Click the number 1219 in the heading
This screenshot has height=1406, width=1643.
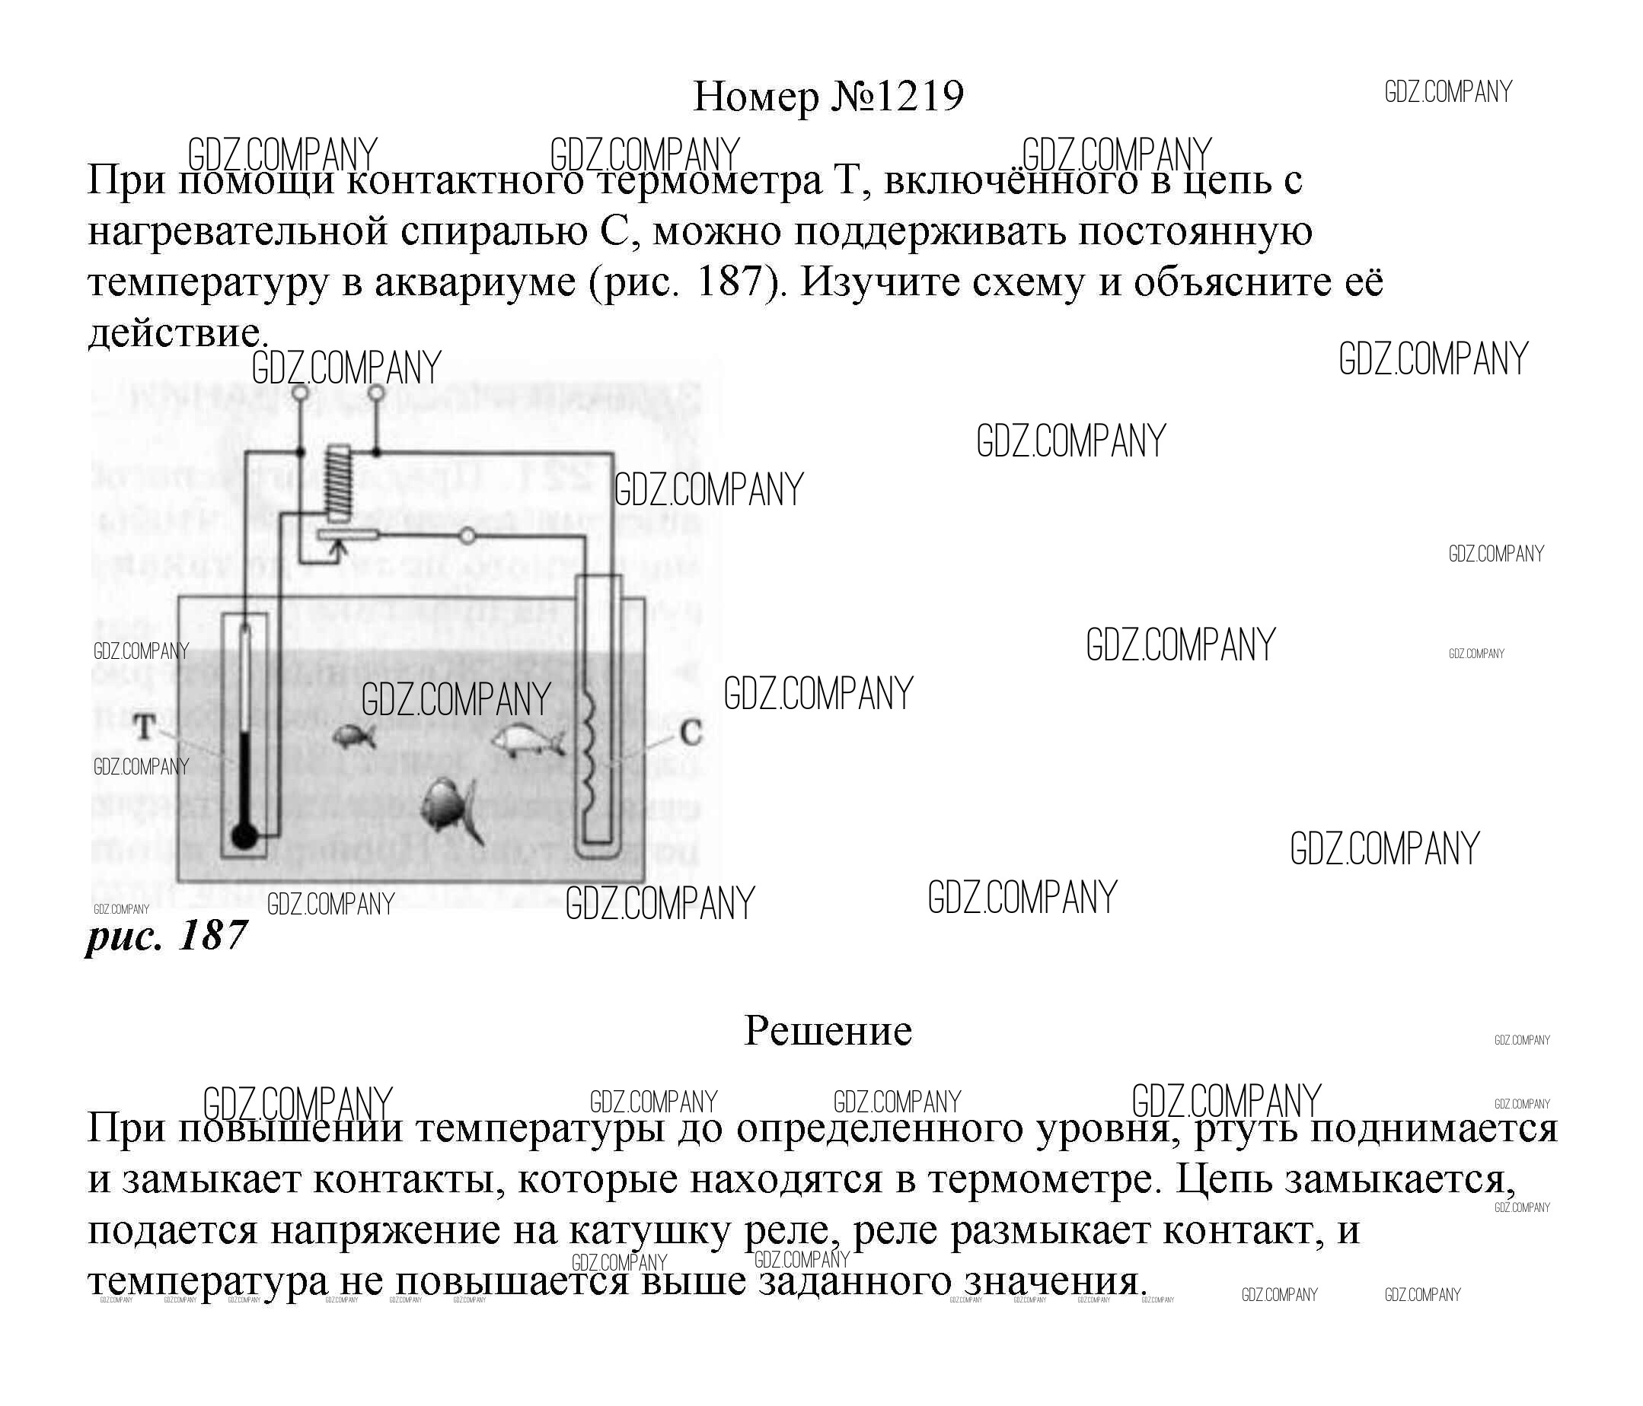(920, 97)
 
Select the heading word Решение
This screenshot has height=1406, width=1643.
(828, 1031)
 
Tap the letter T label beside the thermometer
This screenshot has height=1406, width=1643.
(145, 726)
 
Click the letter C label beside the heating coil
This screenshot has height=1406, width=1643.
(691, 733)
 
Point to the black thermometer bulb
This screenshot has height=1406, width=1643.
(244, 835)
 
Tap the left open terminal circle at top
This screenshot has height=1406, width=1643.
(300, 393)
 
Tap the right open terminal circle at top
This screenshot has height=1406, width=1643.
(377, 393)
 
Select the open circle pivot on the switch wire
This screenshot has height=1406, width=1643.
(467, 536)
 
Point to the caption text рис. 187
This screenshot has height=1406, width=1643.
(167, 936)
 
